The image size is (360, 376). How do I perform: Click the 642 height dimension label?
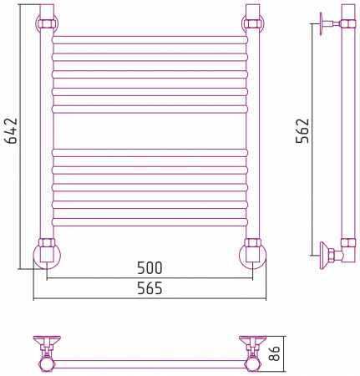pos(12,130)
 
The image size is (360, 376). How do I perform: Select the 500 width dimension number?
pos(150,268)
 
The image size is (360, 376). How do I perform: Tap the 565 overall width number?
pos(150,288)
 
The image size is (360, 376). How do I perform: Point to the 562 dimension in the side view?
pos(302,130)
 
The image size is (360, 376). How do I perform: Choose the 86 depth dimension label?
pos(275,353)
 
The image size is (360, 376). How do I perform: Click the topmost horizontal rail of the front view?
pos(150,39)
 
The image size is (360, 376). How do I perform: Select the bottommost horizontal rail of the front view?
pos(150,222)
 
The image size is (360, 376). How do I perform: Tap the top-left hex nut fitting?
pos(47,23)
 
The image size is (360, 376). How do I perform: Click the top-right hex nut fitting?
pos(253,23)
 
